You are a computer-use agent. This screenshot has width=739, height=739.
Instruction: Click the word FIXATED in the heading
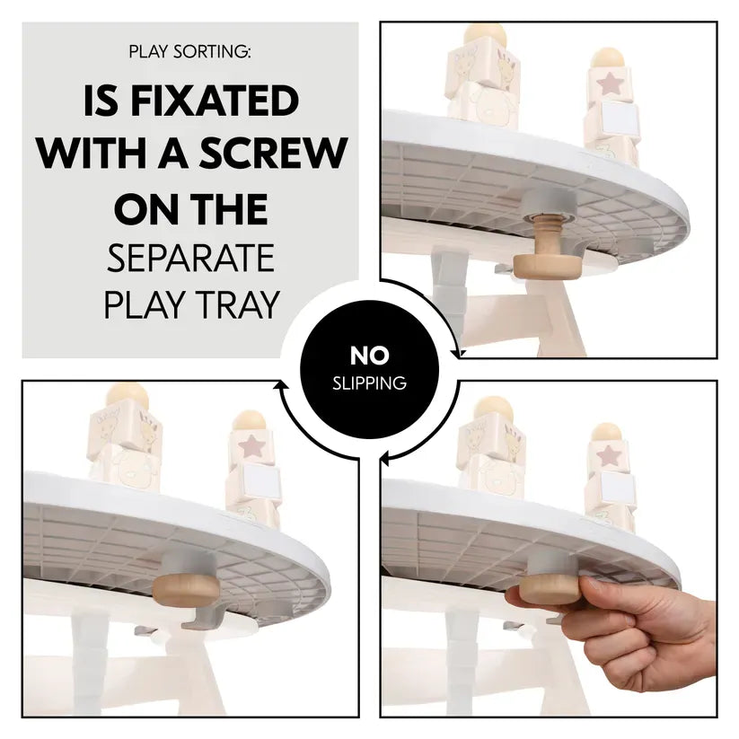click(x=215, y=101)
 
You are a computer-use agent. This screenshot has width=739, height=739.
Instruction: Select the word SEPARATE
click(x=190, y=258)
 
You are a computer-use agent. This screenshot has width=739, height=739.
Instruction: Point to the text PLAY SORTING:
click(x=190, y=51)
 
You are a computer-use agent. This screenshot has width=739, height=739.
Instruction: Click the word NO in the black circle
click(x=370, y=356)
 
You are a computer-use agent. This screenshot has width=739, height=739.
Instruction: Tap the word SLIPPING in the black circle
click(x=370, y=383)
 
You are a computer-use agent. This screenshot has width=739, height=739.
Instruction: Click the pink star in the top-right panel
click(x=611, y=84)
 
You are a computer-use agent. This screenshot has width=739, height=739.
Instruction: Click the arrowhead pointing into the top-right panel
click(x=457, y=352)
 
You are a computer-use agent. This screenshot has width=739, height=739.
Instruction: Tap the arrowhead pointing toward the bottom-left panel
click(x=282, y=385)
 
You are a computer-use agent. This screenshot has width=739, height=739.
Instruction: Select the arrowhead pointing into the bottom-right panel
click(x=385, y=458)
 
